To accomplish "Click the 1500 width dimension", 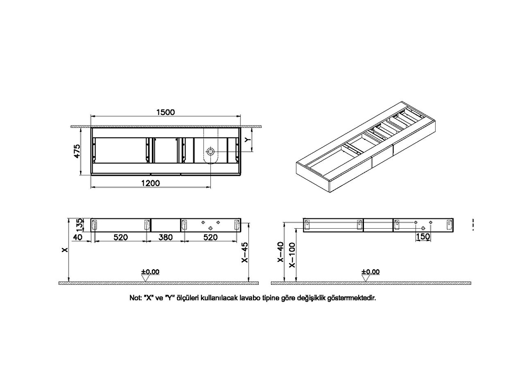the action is [165, 112].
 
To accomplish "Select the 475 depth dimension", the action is [77, 151].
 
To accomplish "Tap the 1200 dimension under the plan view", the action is [150, 183].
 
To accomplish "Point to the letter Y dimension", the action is [248, 140].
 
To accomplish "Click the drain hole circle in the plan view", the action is [210, 152].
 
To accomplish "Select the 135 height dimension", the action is [80, 225].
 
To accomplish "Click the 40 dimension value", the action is [78, 237].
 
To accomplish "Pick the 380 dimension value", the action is [165, 237].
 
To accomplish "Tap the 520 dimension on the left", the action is [121, 237].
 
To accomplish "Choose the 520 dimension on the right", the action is [210, 237].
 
